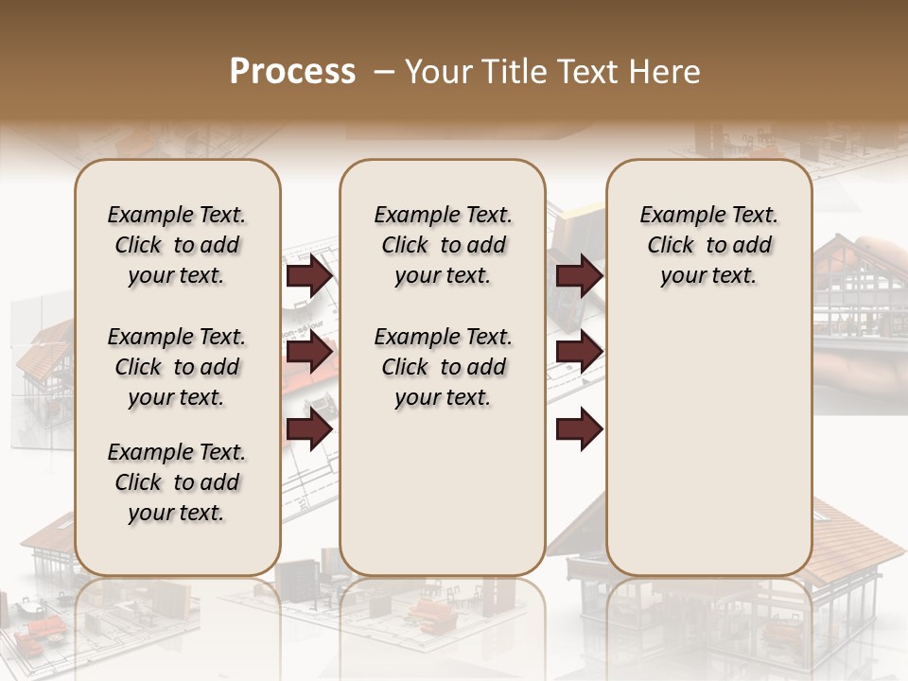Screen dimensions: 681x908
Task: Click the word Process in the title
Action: [292, 72]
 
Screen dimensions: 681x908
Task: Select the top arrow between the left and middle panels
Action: [309, 276]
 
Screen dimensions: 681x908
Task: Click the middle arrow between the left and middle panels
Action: [309, 352]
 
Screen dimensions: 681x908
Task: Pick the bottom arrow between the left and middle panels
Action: [309, 428]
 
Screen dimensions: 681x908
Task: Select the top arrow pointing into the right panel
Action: [579, 276]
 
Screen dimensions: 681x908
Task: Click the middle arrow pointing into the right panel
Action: [579, 352]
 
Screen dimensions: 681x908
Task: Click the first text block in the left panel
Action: [177, 245]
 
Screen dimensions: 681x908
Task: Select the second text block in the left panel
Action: [177, 367]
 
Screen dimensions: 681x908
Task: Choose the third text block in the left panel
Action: [177, 482]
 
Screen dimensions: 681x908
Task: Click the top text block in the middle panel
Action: [443, 245]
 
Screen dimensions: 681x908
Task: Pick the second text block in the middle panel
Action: [443, 367]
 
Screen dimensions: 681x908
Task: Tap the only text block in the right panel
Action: [708, 245]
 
